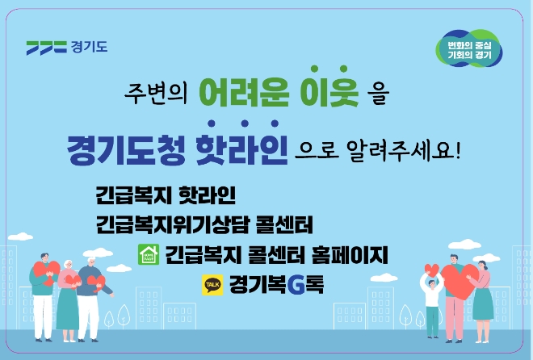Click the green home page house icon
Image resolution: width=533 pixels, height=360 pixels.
tap(148, 255)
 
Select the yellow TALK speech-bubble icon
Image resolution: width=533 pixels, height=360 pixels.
tap(212, 284)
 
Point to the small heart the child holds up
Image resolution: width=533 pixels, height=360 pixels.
tap(430, 270)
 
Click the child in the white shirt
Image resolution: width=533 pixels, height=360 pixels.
tap(432, 303)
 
